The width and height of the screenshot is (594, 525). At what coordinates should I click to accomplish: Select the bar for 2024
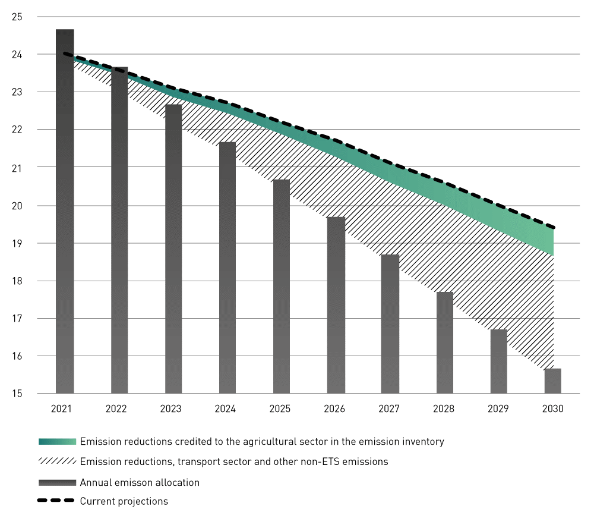pyautogui.click(x=228, y=268)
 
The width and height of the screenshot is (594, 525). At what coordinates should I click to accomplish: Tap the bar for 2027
pyautogui.click(x=390, y=324)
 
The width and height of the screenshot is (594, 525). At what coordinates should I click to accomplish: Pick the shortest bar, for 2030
pyautogui.click(x=553, y=381)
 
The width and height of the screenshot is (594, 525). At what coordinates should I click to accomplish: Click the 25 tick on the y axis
pyautogui.click(x=17, y=17)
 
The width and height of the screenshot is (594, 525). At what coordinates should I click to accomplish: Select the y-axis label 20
pyautogui.click(x=17, y=206)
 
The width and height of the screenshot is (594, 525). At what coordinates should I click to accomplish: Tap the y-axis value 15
pyautogui.click(x=17, y=394)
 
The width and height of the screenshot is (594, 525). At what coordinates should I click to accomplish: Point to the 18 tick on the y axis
pyautogui.click(x=17, y=281)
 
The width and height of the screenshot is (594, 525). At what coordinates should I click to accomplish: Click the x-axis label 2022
pyautogui.click(x=116, y=409)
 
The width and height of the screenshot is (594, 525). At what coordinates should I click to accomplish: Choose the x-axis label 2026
pyautogui.click(x=334, y=409)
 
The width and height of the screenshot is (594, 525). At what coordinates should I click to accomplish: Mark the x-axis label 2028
pyautogui.click(x=444, y=409)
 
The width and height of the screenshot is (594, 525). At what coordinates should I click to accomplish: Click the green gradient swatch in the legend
pyautogui.click(x=57, y=442)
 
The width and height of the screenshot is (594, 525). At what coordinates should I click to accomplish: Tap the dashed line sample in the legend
pyautogui.click(x=57, y=501)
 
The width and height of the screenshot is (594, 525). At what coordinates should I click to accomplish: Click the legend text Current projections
pyautogui.click(x=124, y=501)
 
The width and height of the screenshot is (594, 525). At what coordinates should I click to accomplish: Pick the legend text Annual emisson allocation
pyautogui.click(x=140, y=482)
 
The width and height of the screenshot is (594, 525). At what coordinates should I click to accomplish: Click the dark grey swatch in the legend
pyautogui.click(x=57, y=482)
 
